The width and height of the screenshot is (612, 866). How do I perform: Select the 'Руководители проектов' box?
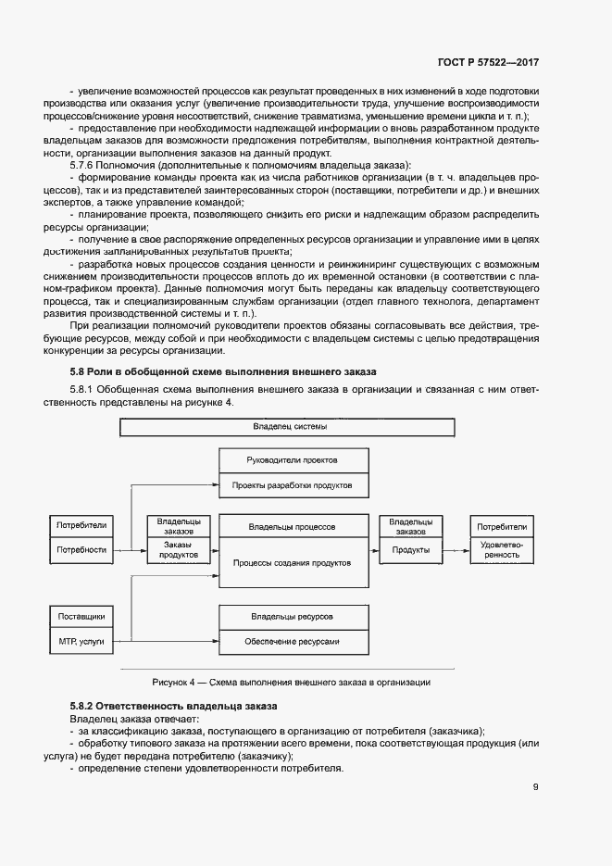[x=292, y=460]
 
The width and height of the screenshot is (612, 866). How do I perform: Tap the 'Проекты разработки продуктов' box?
[x=292, y=485]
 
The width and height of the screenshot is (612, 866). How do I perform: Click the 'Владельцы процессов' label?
[x=292, y=526]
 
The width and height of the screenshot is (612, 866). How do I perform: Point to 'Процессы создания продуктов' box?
[x=292, y=562]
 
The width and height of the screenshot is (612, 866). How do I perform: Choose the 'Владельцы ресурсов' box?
[x=292, y=616]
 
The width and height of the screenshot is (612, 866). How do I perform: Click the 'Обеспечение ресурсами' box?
[x=292, y=641]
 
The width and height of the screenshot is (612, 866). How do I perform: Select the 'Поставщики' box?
[x=81, y=616]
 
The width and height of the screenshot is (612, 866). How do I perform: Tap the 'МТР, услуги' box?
[x=81, y=641]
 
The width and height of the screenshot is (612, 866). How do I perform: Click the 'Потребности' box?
[x=81, y=550]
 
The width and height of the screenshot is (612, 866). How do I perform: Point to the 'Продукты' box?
[x=409, y=550]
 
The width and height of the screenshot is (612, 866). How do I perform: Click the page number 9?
[x=535, y=788]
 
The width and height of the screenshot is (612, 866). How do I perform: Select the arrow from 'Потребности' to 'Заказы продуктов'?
[x=131, y=550]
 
